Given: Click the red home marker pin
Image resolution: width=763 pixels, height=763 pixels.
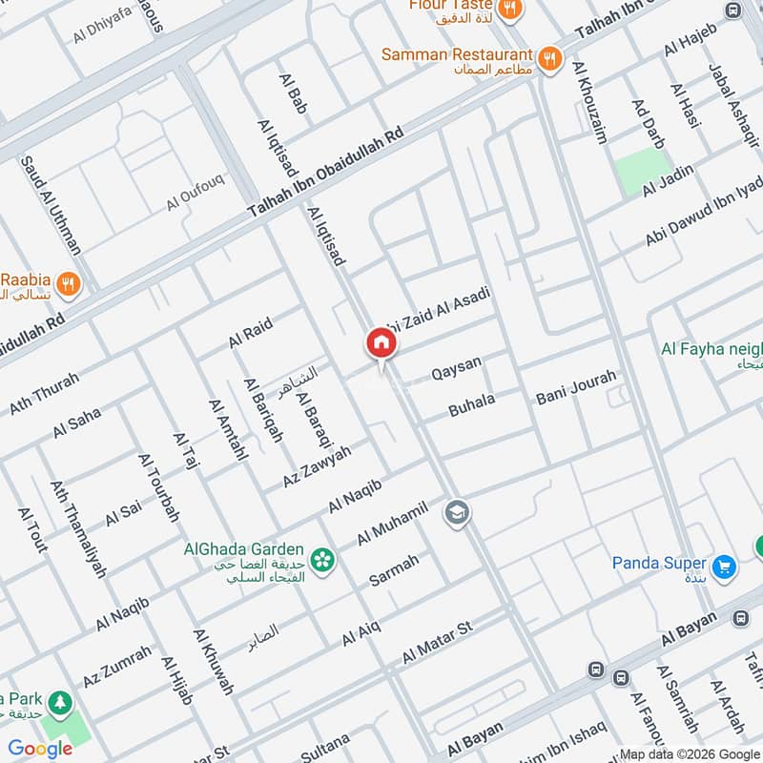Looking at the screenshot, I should pos(381,344).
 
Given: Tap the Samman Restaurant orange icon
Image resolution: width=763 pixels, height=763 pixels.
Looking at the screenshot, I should pos(549,57).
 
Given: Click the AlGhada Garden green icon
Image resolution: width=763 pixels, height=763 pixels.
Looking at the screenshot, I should pos(322,560).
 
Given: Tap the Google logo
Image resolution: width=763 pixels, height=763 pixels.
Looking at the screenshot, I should pos(40,749).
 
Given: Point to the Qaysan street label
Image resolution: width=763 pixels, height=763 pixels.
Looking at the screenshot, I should pos(457,368).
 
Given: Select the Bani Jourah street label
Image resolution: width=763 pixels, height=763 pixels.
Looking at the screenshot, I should pos(576,386).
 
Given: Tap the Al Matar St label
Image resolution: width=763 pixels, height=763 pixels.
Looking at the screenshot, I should pos(438,645).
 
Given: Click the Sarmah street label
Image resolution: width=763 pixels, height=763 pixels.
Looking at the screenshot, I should pos(394,570).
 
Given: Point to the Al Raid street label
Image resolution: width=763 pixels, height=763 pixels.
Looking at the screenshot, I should pos(250,334).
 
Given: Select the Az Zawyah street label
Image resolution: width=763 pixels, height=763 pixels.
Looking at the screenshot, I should pos(317,467).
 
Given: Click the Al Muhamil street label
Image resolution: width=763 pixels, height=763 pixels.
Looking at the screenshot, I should pos(392,522).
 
